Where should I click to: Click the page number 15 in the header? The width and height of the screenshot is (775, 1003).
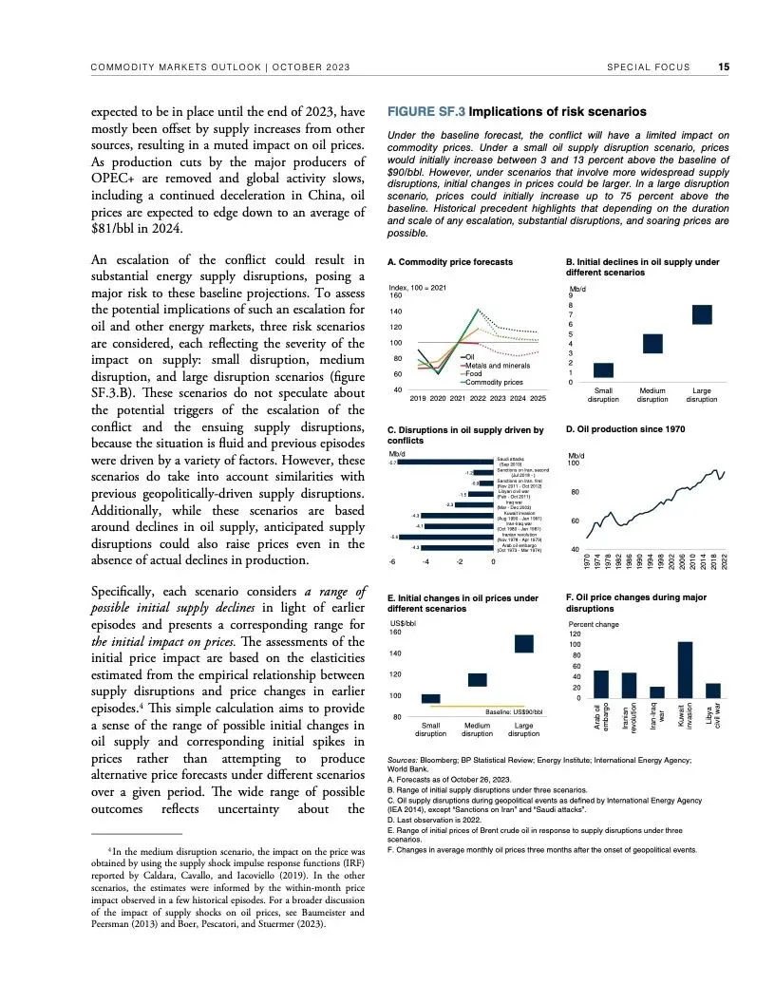(x=724, y=67)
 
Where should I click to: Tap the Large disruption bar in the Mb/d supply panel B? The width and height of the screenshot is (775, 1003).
(x=702, y=314)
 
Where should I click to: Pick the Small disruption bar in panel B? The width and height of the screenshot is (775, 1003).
(x=603, y=371)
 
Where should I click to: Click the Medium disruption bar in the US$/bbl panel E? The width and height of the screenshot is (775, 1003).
(x=477, y=679)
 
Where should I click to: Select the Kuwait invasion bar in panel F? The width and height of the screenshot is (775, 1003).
(x=685, y=670)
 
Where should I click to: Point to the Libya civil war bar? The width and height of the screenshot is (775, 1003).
(x=713, y=691)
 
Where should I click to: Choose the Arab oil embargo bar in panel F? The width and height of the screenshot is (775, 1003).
(x=600, y=684)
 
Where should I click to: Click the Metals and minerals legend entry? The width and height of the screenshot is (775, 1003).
(x=497, y=366)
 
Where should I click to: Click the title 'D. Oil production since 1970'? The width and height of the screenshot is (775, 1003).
(x=625, y=429)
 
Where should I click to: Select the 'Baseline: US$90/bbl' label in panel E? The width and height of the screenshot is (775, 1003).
(x=513, y=710)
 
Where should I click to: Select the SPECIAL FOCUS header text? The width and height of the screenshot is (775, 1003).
(x=646, y=67)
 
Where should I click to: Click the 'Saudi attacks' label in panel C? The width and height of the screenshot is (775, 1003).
(x=513, y=459)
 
